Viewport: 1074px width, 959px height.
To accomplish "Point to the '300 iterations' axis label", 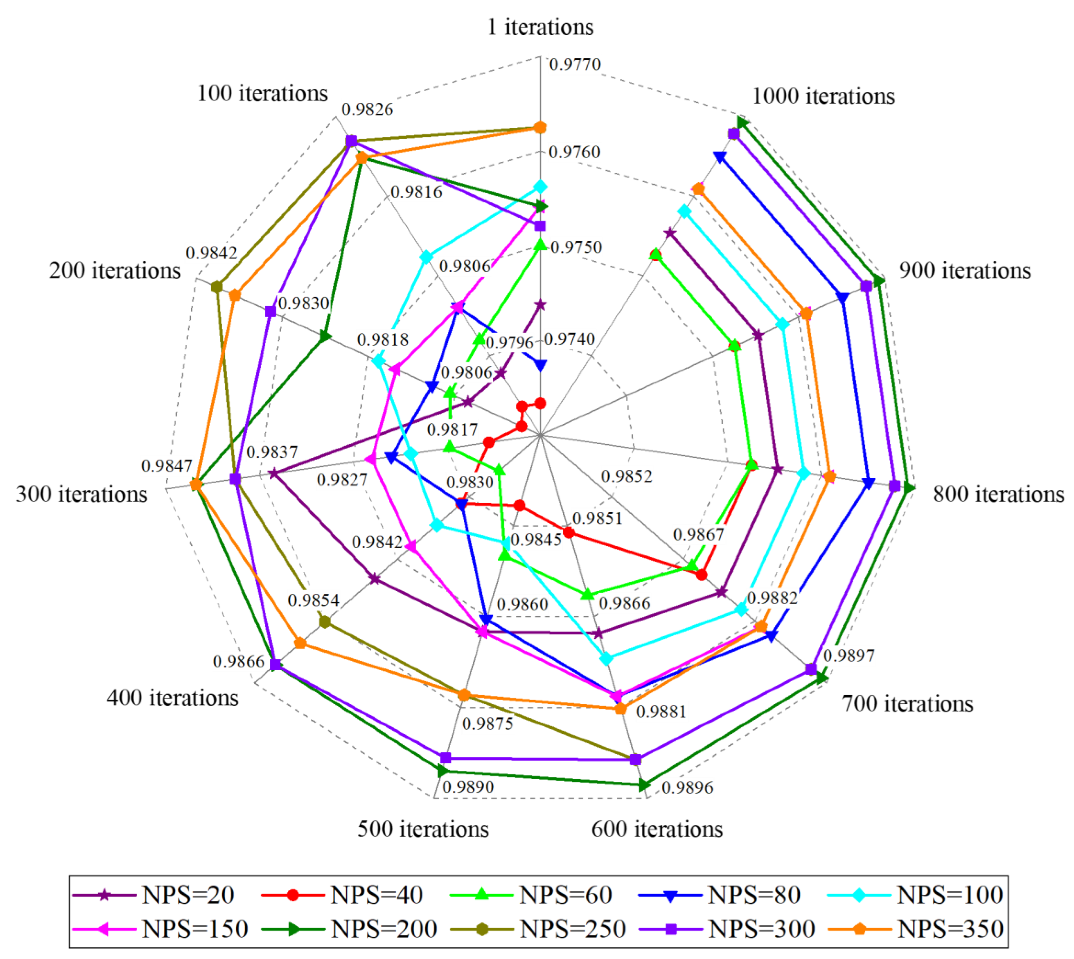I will coord(82,494).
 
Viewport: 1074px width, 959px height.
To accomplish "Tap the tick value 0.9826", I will coord(367,110).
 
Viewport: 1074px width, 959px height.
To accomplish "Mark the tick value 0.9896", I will coord(687,787).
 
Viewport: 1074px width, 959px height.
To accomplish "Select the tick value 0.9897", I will coord(848,656).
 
